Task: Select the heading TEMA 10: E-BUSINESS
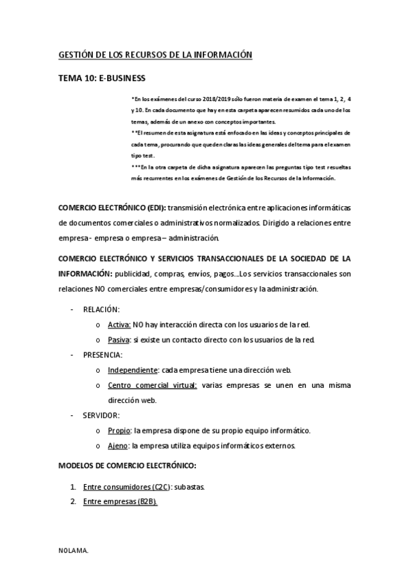pyautogui.click(x=102, y=79)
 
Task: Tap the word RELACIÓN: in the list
pyautogui.click(x=101, y=309)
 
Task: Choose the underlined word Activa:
pyautogui.click(x=119, y=324)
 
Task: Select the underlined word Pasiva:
pyautogui.click(x=119, y=340)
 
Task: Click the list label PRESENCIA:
pyautogui.click(x=103, y=355)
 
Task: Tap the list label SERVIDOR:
pyautogui.click(x=102, y=415)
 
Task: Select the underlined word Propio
pyautogui.click(x=119, y=430)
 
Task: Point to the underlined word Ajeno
pyautogui.click(x=118, y=446)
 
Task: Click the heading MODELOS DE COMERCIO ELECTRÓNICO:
pyautogui.click(x=128, y=466)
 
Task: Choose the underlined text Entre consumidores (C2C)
pyautogui.click(x=126, y=487)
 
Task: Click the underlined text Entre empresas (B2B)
pyautogui.click(x=120, y=502)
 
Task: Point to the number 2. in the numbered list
pyautogui.click(x=73, y=502)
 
